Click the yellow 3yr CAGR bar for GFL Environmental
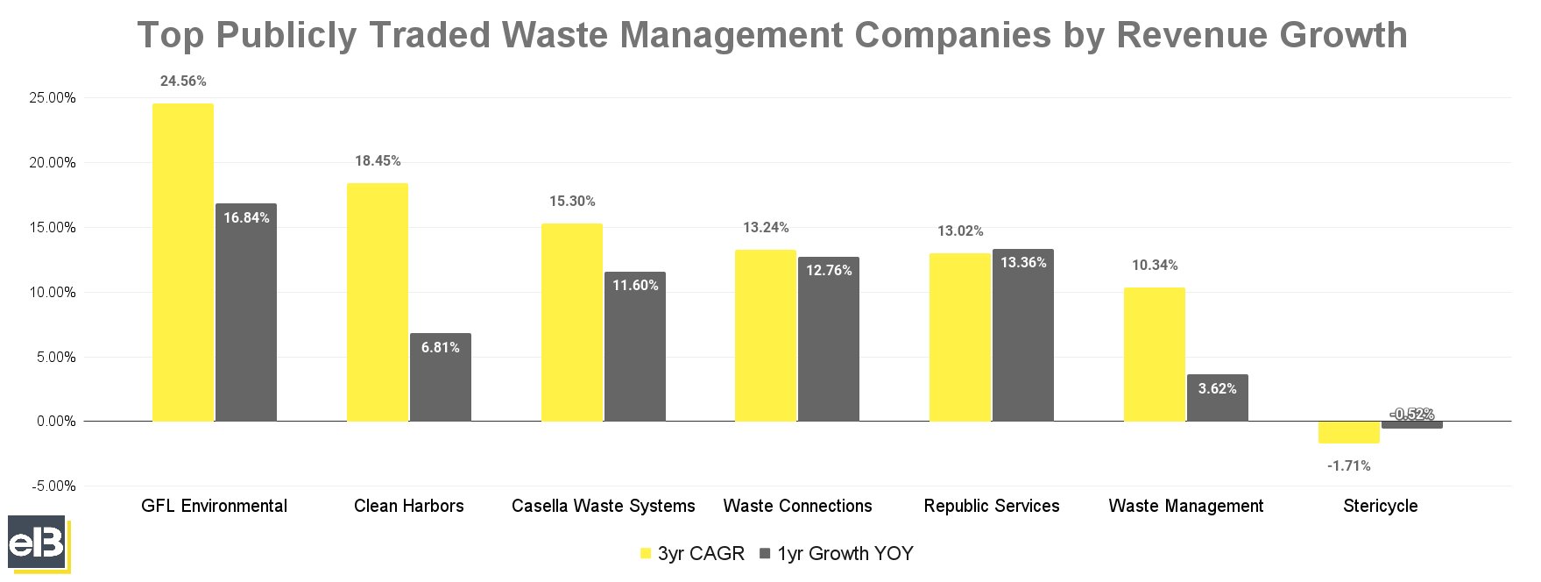point(182,263)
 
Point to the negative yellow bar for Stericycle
point(1348,432)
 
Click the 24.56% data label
point(183,82)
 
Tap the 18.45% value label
point(378,161)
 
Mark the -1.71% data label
point(1348,466)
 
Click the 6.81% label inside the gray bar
point(440,348)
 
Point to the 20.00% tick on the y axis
point(53,163)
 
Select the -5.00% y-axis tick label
point(53,486)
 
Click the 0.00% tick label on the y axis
point(56,422)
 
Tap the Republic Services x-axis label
point(991,507)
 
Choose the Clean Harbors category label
point(408,507)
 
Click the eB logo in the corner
point(37,543)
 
